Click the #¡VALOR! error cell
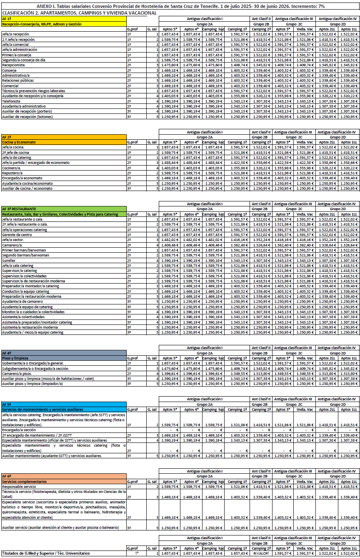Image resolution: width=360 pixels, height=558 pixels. [x=262, y=553]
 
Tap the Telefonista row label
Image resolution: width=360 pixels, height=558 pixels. [x=11, y=101]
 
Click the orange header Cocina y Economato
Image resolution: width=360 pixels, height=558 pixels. [x=19, y=142]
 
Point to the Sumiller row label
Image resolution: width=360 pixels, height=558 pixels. [x=9, y=260]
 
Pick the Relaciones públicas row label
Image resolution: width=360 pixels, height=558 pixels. [x=17, y=80]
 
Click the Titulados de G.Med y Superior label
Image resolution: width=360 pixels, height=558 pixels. [x=46, y=553]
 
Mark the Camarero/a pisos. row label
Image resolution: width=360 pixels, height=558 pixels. [x=17, y=374]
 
